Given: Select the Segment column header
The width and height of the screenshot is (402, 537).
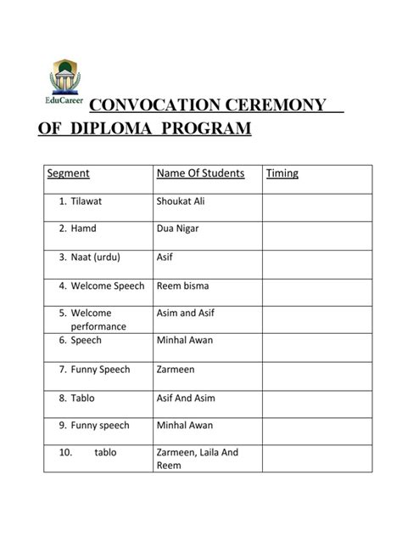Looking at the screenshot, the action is click(x=68, y=173).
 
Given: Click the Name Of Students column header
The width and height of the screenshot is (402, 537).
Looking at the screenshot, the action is click(x=200, y=173).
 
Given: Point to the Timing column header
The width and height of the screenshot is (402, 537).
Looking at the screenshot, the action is click(x=282, y=173).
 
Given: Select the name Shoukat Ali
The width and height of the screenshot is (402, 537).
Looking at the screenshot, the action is click(x=181, y=201).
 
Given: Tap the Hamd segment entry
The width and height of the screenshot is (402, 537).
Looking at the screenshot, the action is click(x=81, y=229).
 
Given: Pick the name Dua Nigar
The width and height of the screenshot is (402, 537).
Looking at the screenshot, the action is click(x=178, y=229).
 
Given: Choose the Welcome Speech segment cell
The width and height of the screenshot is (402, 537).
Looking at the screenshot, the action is click(x=102, y=285).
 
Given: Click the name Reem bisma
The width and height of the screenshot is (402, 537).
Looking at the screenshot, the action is click(x=182, y=285).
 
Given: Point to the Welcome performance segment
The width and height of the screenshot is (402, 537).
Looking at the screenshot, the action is click(x=98, y=319).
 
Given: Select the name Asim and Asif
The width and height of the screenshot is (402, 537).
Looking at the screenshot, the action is click(x=186, y=313).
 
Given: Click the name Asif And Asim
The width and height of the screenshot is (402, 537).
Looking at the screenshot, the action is click(x=185, y=398).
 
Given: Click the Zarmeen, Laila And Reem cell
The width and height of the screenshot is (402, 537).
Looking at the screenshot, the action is click(x=198, y=459).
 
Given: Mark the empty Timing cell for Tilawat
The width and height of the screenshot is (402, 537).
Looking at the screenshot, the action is click(x=316, y=206).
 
